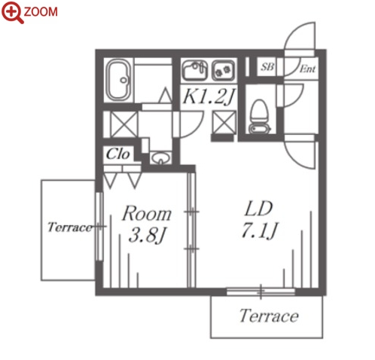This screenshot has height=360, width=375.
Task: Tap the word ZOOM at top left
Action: pyautogui.click(x=41, y=12)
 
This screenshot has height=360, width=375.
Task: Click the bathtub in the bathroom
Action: pyautogui.click(x=118, y=80)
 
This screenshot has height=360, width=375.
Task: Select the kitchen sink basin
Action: pyautogui.click(x=195, y=70)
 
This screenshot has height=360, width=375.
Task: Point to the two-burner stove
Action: pyautogui.click(x=224, y=70)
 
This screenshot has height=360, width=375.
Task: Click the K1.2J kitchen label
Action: pyautogui.click(x=209, y=96)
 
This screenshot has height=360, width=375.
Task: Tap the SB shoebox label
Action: pyautogui.click(x=267, y=66)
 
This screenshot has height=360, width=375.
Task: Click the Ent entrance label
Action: pyautogui.click(x=307, y=69)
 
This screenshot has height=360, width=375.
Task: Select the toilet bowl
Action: pyautogui.click(x=260, y=116)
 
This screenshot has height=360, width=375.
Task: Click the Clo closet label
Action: pyautogui.click(x=117, y=154)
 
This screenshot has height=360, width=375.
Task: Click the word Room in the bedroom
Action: pyautogui.click(x=147, y=214)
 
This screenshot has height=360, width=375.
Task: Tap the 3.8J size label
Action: pyautogui.click(x=147, y=236)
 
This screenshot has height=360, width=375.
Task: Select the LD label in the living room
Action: pyautogui.click(x=258, y=209)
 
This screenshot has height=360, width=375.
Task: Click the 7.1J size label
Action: pyautogui.click(x=260, y=230)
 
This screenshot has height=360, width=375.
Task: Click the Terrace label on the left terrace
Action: pyautogui.click(x=70, y=227)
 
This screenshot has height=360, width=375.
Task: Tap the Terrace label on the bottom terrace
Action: pyautogui.click(x=269, y=316)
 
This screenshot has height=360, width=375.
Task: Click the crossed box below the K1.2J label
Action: pyautogui.click(x=224, y=123)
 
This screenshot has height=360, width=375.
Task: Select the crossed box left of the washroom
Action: pyautogui.click(x=124, y=124)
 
